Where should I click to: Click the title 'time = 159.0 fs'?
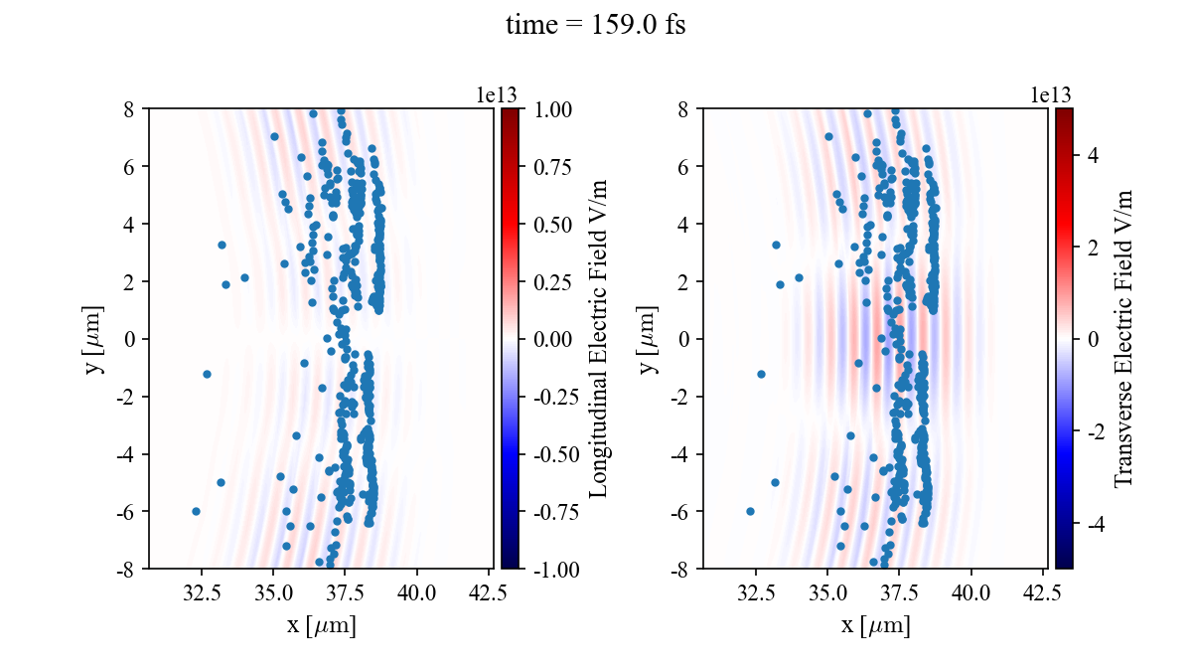(x=595, y=25)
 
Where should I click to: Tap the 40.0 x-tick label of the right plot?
(x=970, y=593)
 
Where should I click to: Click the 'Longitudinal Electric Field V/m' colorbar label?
(x=600, y=338)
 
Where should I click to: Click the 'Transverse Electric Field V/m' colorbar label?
(x=1123, y=338)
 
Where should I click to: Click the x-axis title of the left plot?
(x=321, y=625)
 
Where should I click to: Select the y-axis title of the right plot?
(x=651, y=338)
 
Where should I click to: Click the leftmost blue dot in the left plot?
(x=196, y=511)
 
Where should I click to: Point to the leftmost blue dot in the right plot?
(x=750, y=511)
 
